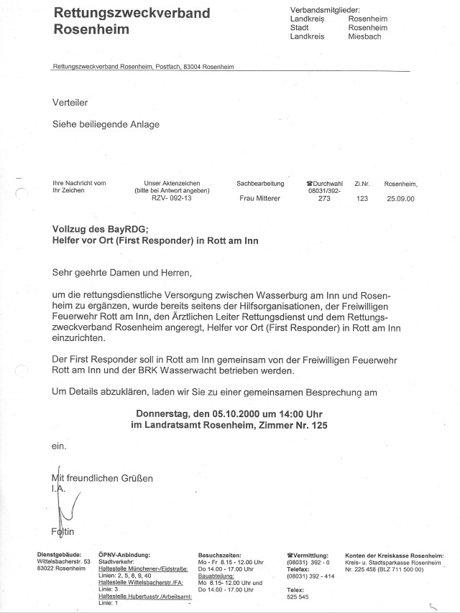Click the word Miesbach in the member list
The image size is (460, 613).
click(x=364, y=36)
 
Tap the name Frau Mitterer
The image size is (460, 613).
click(x=261, y=199)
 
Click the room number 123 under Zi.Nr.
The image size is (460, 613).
click(x=362, y=199)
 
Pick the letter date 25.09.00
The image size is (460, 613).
click(x=400, y=199)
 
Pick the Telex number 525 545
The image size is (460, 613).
click(x=297, y=596)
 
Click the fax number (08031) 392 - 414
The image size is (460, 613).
click(x=311, y=576)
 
